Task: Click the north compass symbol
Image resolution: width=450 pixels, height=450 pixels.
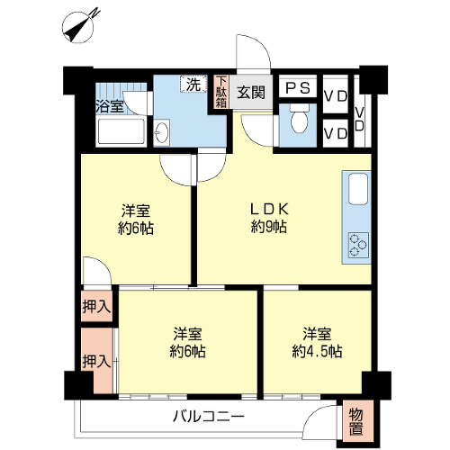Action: coord(77,28)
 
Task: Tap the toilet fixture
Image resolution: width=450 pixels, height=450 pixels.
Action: coord(299,119)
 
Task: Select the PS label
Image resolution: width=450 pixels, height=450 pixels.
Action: coord(298,87)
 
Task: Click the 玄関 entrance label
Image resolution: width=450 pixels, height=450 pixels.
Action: coord(251,92)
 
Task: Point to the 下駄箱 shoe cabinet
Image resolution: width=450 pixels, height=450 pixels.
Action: coord(221,92)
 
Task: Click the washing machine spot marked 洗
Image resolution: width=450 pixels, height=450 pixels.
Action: coord(193,84)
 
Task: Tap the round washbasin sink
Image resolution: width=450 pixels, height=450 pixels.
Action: coord(161,132)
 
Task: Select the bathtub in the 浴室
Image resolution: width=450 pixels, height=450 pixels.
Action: coord(121,132)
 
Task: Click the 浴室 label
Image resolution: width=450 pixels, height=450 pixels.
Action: coord(110,106)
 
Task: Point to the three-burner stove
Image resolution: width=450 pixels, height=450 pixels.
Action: coord(358,245)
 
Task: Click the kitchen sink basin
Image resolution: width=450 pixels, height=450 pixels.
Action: coord(358,189)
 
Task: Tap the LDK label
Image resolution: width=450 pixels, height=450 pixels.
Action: coord(269,209)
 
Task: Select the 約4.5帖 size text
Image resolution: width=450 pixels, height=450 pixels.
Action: coord(317,351)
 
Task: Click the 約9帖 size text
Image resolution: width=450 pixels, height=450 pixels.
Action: coord(269,227)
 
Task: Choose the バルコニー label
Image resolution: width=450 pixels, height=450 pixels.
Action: coord(209,417)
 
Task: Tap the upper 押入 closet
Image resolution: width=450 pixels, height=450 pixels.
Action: coord(96,306)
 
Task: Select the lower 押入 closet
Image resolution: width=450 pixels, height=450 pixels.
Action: coord(96,360)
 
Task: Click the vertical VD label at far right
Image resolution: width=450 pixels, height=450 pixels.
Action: coord(359,120)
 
